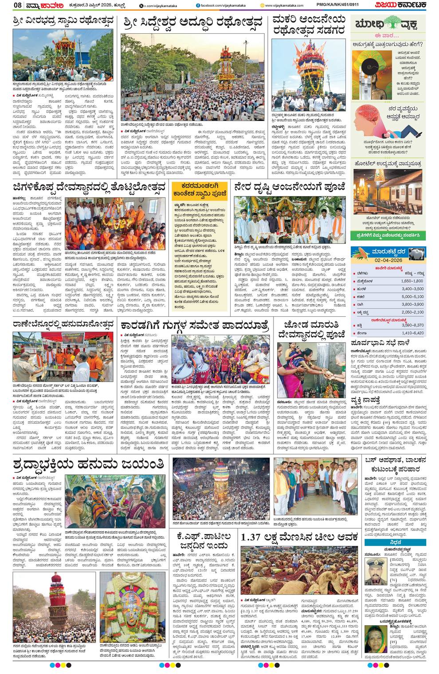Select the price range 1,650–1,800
tap(412, 281)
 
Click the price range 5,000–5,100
tap(412, 296)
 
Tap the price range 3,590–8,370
tap(412, 325)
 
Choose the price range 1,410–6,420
tap(412, 333)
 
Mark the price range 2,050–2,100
tap(412, 312)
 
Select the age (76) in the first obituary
tap(393, 580)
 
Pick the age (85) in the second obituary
tap(393, 642)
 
